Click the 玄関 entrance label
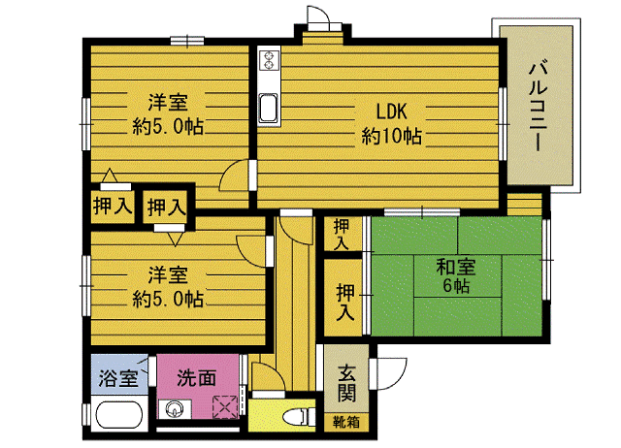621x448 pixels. pyautogui.click(x=346, y=384)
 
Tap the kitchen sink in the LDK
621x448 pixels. pyautogui.click(x=268, y=109)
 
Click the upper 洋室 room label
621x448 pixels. pyautogui.click(x=168, y=102)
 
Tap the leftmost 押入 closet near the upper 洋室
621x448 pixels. pyautogui.click(x=113, y=206)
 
